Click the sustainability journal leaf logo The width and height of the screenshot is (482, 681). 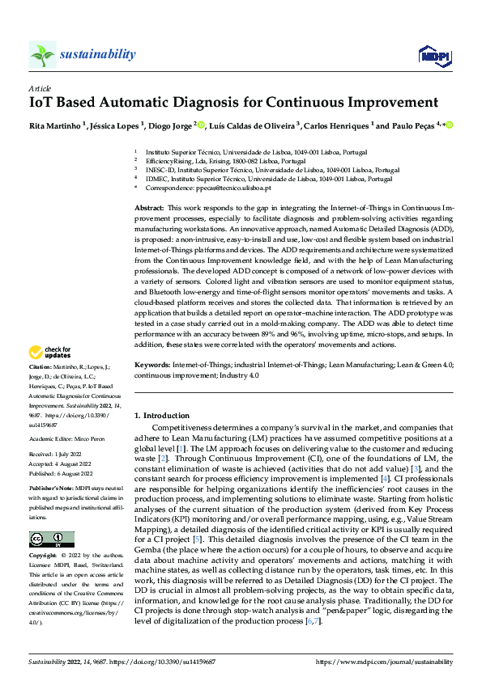(x=42, y=55)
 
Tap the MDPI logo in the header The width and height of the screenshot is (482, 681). (x=432, y=54)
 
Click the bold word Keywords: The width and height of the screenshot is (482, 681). (x=151, y=366)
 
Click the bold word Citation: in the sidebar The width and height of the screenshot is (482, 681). (x=41, y=366)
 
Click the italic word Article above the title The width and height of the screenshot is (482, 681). (x=40, y=87)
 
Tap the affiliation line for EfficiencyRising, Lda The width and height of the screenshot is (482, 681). (x=207, y=161)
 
